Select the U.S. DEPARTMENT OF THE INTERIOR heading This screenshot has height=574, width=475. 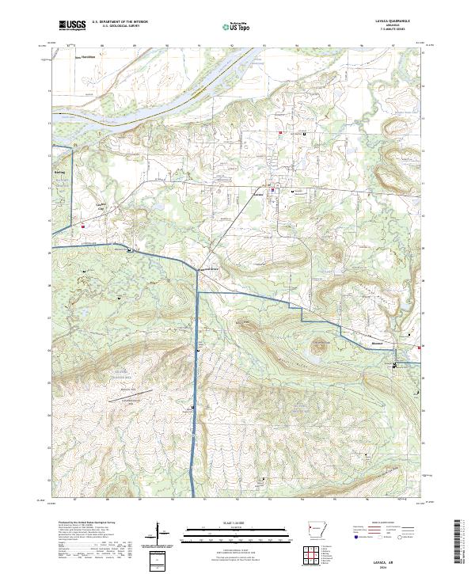120,22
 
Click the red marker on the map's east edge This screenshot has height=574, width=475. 420,346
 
